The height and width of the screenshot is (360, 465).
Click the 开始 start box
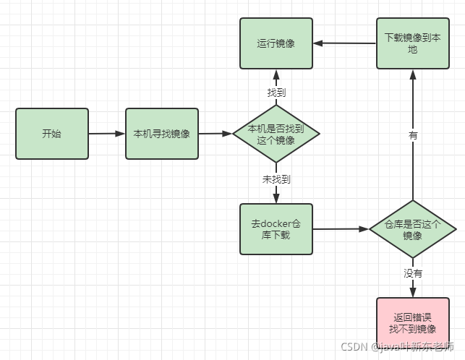(52, 133)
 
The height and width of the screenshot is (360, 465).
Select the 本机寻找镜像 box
(161, 133)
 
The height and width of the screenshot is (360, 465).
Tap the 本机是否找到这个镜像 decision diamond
(276, 134)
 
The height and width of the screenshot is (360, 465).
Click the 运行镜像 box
(276, 43)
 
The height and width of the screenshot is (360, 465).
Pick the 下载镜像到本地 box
(413, 43)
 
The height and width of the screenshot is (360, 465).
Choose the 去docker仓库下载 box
(276, 228)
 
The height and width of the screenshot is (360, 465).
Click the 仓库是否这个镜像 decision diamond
(412, 229)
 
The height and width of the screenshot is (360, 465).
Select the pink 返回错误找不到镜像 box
(412, 322)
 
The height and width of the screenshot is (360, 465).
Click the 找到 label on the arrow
(276, 93)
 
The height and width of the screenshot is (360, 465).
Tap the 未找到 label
(276, 179)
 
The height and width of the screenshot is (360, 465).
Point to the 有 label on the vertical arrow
(413, 135)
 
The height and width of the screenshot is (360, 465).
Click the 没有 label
(413, 273)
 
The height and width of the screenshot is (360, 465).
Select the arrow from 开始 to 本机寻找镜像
(106, 133)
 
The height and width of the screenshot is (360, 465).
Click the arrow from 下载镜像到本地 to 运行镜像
(344, 43)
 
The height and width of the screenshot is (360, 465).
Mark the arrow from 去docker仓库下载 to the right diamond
(341, 228)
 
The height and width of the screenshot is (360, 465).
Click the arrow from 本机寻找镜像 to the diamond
(215, 133)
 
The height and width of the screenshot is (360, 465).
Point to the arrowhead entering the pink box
(413, 292)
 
